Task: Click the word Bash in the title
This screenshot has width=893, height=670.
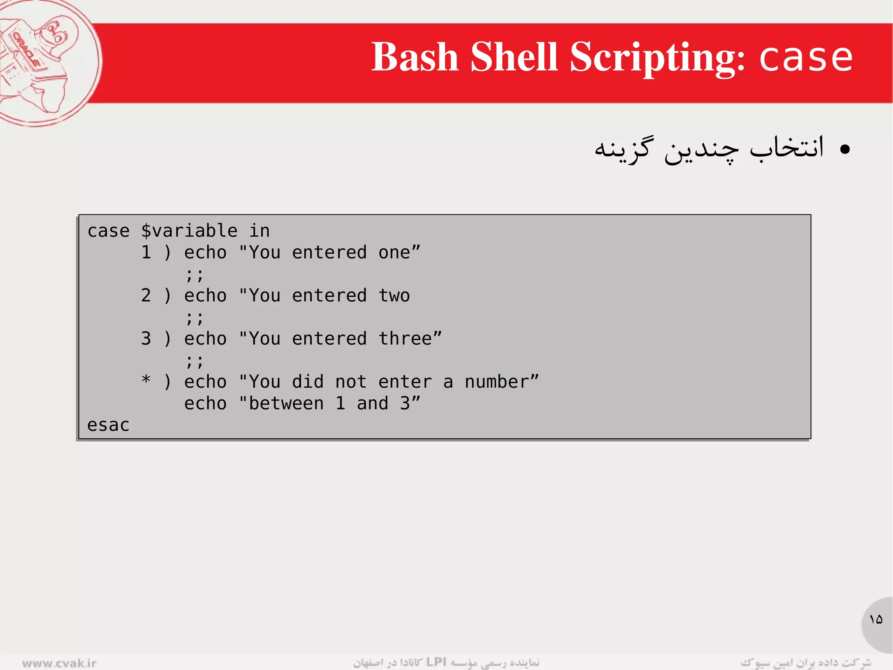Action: click(x=414, y=57)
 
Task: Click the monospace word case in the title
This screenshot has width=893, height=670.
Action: click(x=806, y=58)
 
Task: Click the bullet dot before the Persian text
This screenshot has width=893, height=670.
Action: click(x=845, y=150)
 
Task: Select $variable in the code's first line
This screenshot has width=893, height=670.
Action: click(x=189, y=231)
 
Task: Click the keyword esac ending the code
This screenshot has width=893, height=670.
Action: click(x=108, y=425)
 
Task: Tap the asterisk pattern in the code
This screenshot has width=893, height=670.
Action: click(x=146, y=380)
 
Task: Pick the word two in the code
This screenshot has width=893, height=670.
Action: click(x=394, y=295)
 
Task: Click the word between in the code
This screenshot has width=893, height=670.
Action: click(x=286, y=404)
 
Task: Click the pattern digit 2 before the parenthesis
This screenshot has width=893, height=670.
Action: click(x=146, y=295)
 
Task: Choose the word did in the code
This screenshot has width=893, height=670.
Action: click(x=307, y=382)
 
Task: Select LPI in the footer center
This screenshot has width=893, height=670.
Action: click(x=436, y=662)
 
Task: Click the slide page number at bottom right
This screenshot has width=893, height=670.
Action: click(x=876, y=619)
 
